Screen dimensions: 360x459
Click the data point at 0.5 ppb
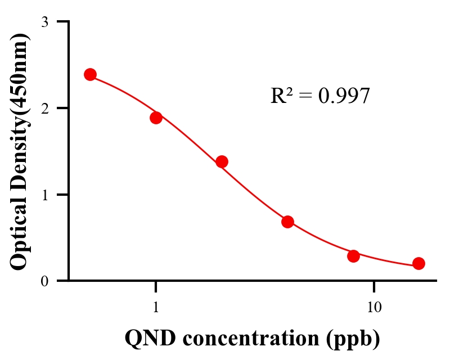(90, 74)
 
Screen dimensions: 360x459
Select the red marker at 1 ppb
(156, 118)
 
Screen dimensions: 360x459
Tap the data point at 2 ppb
(222, 161)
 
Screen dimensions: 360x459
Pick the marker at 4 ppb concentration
(287, 222)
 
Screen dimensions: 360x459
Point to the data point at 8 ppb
(353, 256)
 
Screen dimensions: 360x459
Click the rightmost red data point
(418, 263)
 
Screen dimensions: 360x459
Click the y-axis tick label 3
(44, 22)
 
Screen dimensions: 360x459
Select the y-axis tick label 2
(44, 108)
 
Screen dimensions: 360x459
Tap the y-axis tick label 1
(44, 195)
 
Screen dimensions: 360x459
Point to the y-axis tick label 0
(44, 281)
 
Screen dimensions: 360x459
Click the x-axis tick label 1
(156, 308)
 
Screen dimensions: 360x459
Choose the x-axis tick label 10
(374, 308)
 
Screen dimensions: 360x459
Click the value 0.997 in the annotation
(344, 96)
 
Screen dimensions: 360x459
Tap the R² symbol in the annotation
(281, 96)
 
